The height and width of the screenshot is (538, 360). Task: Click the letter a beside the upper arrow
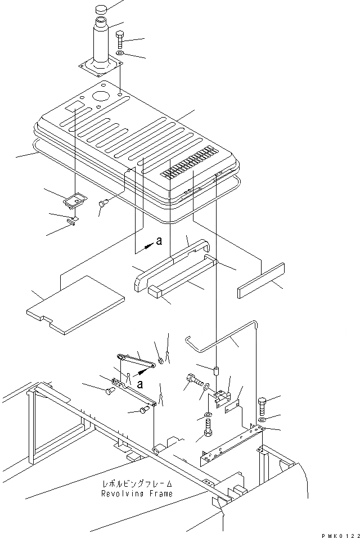(x=159, y=241)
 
